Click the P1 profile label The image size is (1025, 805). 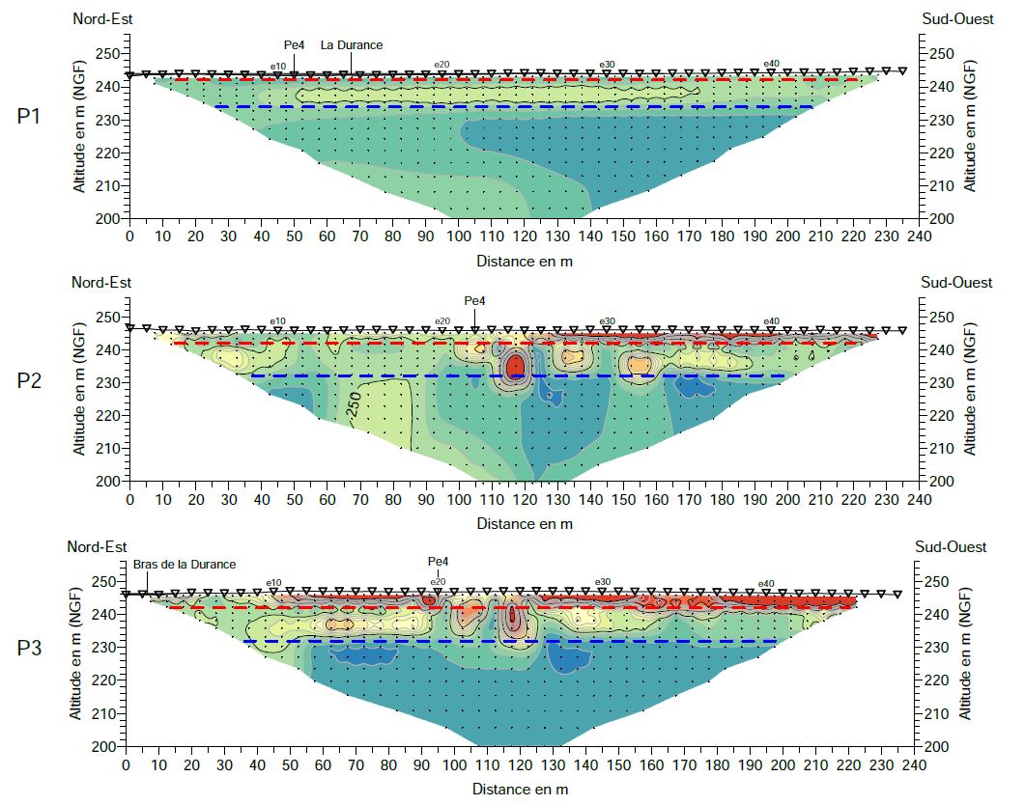[30, 117]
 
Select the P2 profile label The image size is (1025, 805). [30, 380]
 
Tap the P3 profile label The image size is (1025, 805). [30, 647]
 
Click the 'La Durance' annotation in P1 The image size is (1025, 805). [352, 44]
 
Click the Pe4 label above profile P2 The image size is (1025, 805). [474, 300]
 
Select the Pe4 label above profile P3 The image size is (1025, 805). [439, 562]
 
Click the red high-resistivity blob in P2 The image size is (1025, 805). [515, 365]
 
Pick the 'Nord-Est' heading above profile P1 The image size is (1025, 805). [101, 19]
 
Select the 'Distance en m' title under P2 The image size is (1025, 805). [525, 523]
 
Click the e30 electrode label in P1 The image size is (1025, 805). [607, 65]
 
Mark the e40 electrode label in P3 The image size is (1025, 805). [766, 583]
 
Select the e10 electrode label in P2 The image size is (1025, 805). [277, 321]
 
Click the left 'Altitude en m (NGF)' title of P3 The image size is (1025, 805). [74, 656]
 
